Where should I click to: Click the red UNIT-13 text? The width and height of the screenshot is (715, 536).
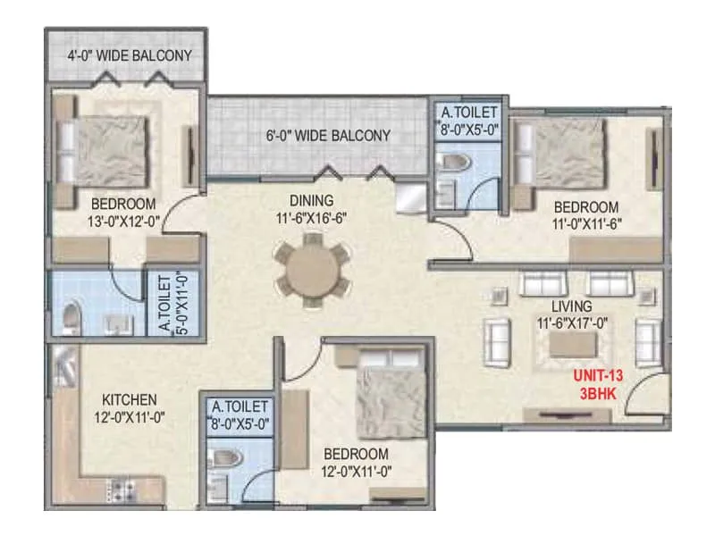tap(597, 376)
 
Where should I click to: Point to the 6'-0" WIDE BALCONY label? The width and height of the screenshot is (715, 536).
tap(328, 136)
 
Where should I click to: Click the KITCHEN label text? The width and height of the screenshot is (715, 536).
tap(129, 398)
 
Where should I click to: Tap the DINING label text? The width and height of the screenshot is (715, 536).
tap(311, 200)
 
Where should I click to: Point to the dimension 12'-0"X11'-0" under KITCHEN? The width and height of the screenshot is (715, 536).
tap(129, 415)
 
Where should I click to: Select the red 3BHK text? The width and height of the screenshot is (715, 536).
tap(596, 392)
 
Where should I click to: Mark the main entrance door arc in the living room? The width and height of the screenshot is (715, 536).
tap(645, 396)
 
